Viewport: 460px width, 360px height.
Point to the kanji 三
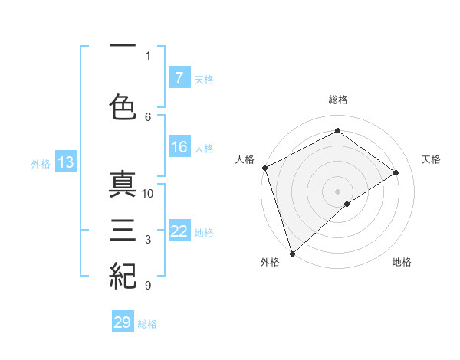(x=123, y=231)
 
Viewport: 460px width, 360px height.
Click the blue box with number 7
(x=179, y=78)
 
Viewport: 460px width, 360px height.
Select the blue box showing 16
(x=179, y=148)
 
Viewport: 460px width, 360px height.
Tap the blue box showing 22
(x=179, y=232)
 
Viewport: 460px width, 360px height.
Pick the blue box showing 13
(x=65, y=162)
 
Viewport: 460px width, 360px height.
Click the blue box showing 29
(x=123, y=322)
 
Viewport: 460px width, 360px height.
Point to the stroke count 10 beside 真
(x=148, y=194)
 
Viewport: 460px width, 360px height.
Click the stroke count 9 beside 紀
(x=147, y=286)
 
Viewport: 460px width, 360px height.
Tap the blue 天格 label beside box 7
(x=203, y=79)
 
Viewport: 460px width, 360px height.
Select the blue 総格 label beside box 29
(x=147, y=324)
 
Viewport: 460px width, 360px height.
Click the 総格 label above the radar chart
(x=337, y=100)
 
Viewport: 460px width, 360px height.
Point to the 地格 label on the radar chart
(x=402, y=263)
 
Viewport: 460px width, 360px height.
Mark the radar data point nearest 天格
(x=396, y=172)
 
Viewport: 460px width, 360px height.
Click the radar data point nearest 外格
(x=291, y=252)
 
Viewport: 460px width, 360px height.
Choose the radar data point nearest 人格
(x=264, y=168)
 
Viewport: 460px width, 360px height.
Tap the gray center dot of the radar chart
(x=337, y=191)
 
